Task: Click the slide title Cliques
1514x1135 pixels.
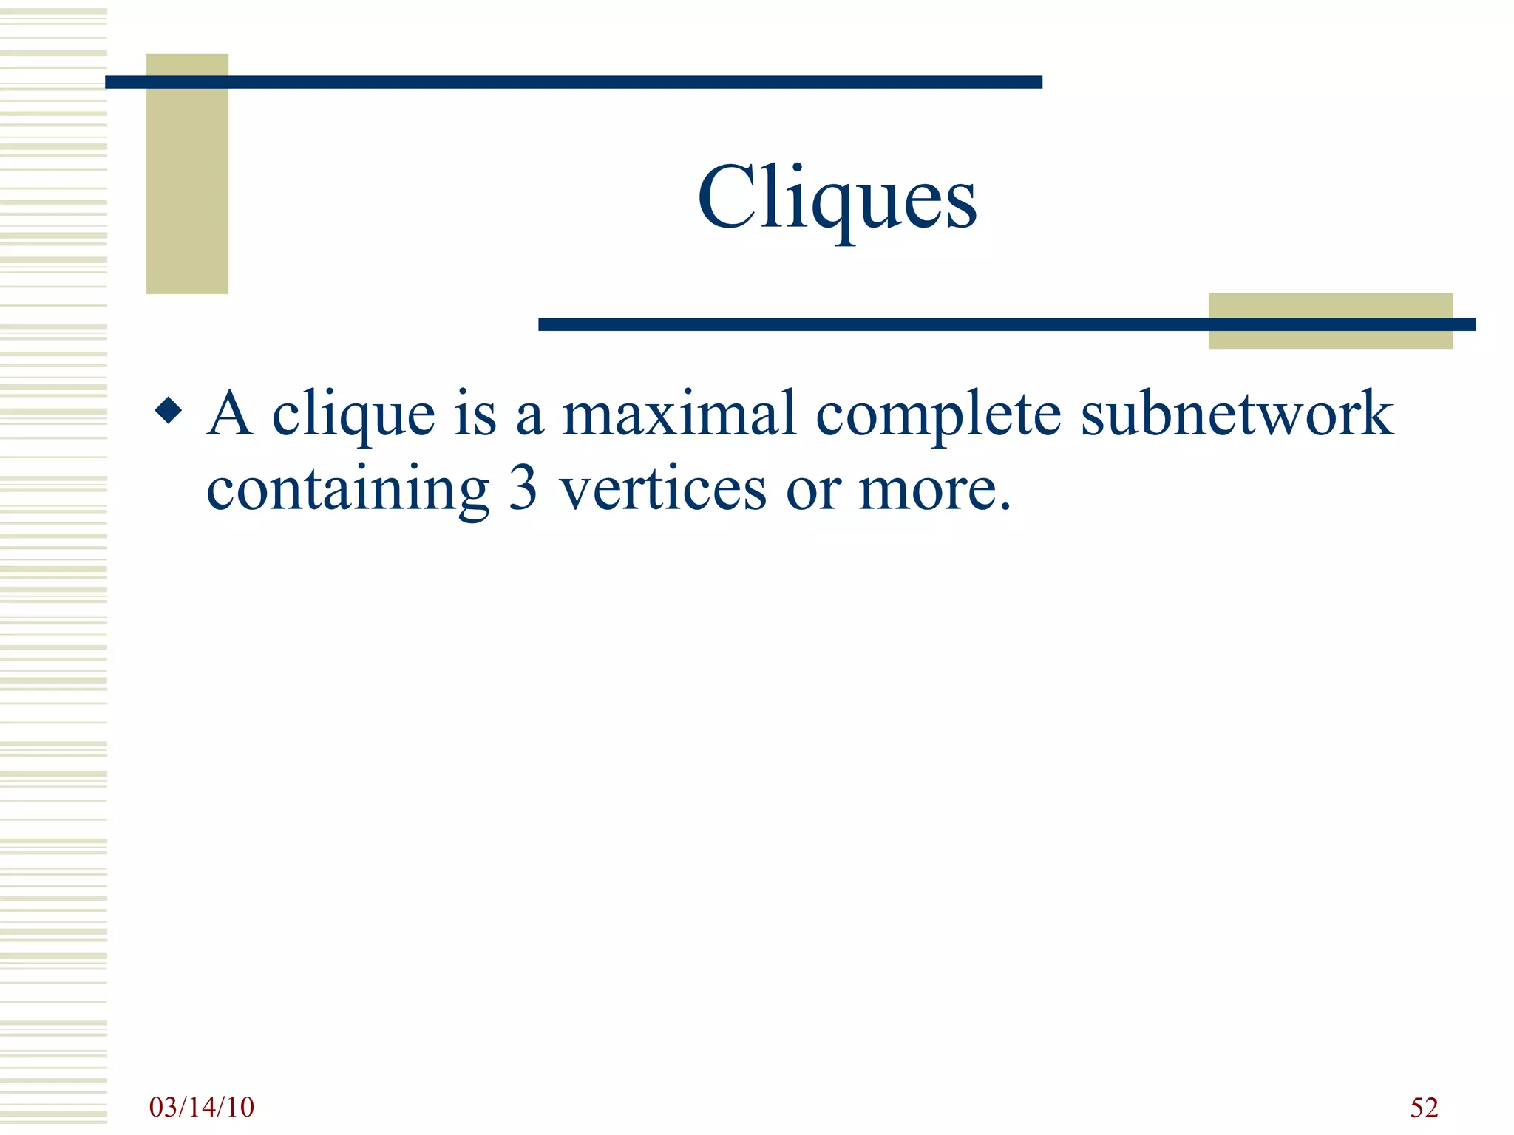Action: click(837, 198)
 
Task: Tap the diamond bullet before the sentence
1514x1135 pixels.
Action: click(169, 410)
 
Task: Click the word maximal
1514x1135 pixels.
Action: click(679, 414)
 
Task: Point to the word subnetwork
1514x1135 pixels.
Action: click(1237, 414)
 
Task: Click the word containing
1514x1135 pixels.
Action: click(347, 491)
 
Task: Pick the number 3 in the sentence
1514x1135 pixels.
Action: click(523, 489)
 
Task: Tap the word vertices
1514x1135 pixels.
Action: click(662, 489)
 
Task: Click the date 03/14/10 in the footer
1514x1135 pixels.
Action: click(201, 1107)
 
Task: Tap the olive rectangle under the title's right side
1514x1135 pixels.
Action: click(1330, 339)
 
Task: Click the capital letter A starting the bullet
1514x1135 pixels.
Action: click(230, 414)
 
